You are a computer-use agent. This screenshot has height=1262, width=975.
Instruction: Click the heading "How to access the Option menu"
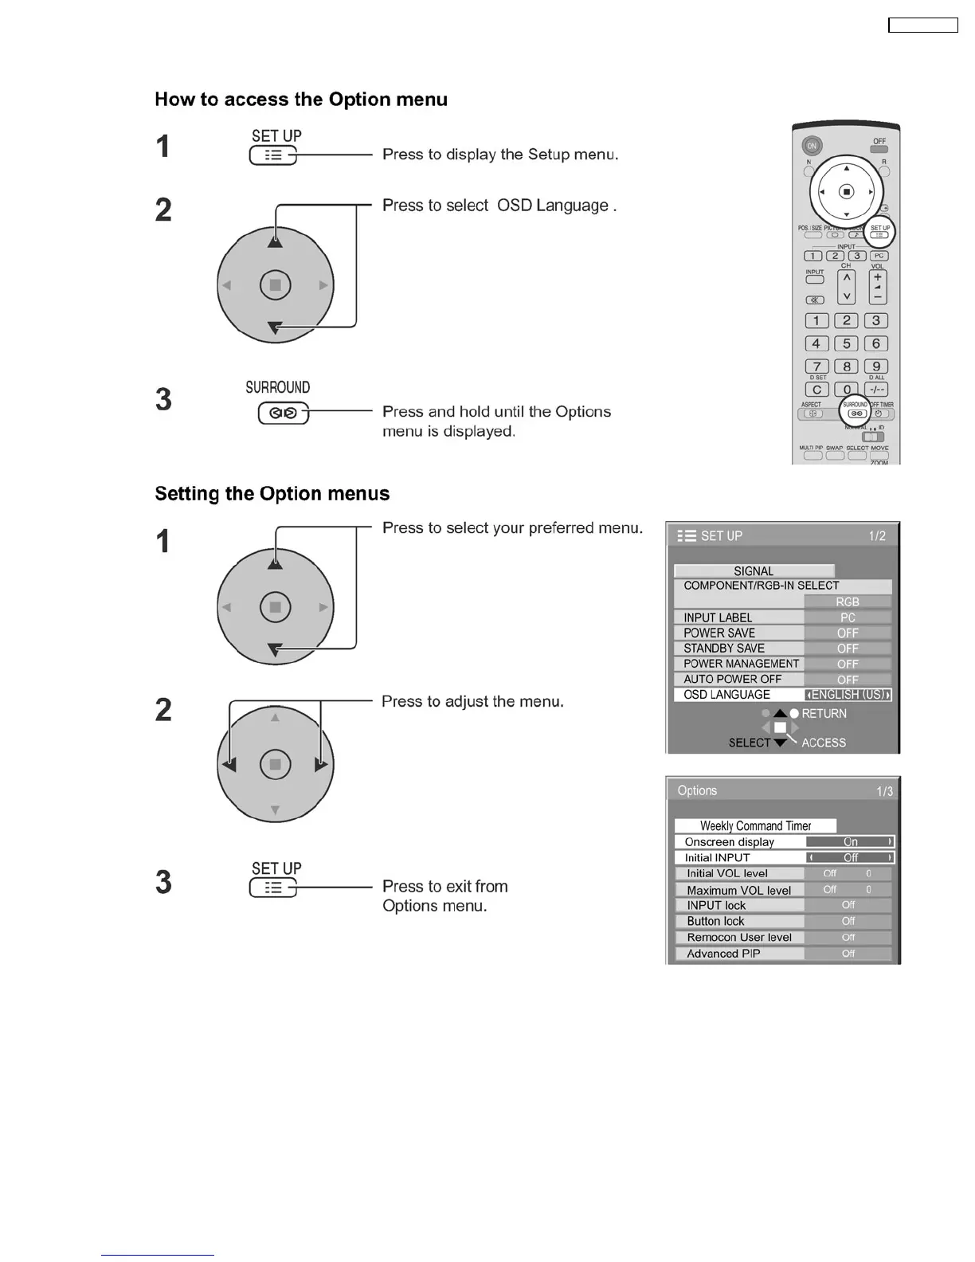point(301,100)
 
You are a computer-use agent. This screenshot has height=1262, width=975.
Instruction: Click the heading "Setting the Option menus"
point(272,494)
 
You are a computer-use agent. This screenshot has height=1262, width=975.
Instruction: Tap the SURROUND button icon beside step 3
point(283,413)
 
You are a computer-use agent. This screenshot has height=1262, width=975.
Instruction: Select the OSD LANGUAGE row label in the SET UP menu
point(726,695)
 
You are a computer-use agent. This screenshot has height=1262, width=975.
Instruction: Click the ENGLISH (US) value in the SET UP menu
point(848,695)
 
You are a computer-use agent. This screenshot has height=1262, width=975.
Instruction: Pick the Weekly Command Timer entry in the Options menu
point(755,826)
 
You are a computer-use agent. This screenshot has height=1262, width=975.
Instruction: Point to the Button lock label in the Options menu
point(715,921)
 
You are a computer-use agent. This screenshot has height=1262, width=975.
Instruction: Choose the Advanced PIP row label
point(723,954)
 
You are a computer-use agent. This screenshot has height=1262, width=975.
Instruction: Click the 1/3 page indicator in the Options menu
point(884,791)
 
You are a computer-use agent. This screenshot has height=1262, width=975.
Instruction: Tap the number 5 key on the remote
point(846,343)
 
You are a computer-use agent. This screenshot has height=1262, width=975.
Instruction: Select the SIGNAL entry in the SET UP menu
point(754,571)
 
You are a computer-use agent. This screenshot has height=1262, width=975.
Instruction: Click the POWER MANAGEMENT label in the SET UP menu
point(741,664)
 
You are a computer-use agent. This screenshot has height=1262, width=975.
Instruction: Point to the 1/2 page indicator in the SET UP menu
point(877,536)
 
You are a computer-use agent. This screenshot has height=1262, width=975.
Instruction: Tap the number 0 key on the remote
point(847,390)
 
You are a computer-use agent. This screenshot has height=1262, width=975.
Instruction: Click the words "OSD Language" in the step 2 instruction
point(553,206)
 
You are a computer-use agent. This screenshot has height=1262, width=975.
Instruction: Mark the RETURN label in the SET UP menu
point(824,714)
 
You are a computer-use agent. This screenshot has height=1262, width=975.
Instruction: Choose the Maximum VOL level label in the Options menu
point(738,890)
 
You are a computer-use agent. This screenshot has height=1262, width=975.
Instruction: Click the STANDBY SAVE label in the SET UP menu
point(723,649)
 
